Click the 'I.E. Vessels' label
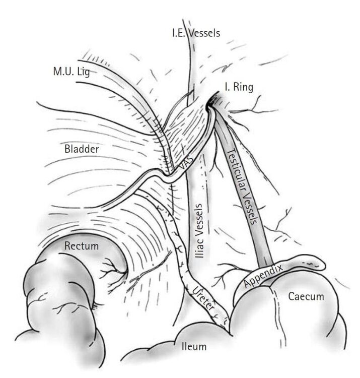point(196,33)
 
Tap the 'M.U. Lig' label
point(71,72)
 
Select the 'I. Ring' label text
point(239,87)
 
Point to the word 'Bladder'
point(82,149)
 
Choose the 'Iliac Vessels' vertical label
point(199,231)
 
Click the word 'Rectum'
point(82,246)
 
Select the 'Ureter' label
point(203,298)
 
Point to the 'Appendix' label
point(263,276)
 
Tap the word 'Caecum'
point(306,296)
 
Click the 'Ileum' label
point(194,347)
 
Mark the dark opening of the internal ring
point(212,101)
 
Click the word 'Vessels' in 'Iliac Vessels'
point(199,218)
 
